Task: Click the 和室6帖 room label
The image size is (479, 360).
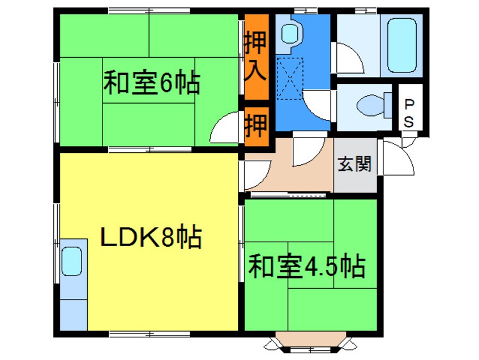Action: [151, 84]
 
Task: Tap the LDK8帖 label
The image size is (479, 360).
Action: [151, 237]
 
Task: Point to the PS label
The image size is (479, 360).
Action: [409, 112]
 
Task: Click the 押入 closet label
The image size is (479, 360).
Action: [255, 56]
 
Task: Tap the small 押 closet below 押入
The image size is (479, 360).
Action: [255, 126]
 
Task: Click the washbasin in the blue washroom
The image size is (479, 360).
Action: [290, 33]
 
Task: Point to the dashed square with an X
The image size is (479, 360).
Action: [290, 79]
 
